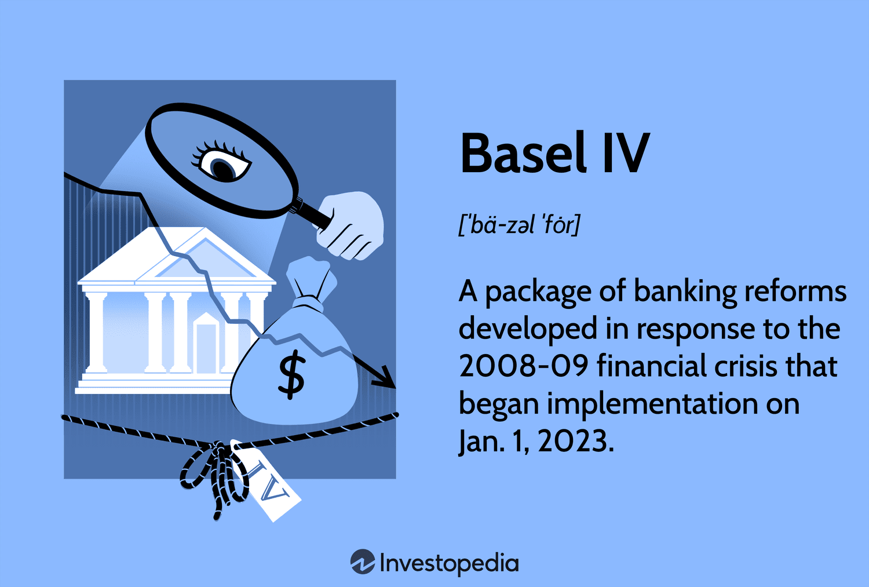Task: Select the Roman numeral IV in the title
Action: (626, 153)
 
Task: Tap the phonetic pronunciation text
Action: (519, 225)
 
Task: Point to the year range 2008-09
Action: (523, 367)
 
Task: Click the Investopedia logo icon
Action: (363, 562)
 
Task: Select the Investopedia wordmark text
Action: (449, 563)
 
